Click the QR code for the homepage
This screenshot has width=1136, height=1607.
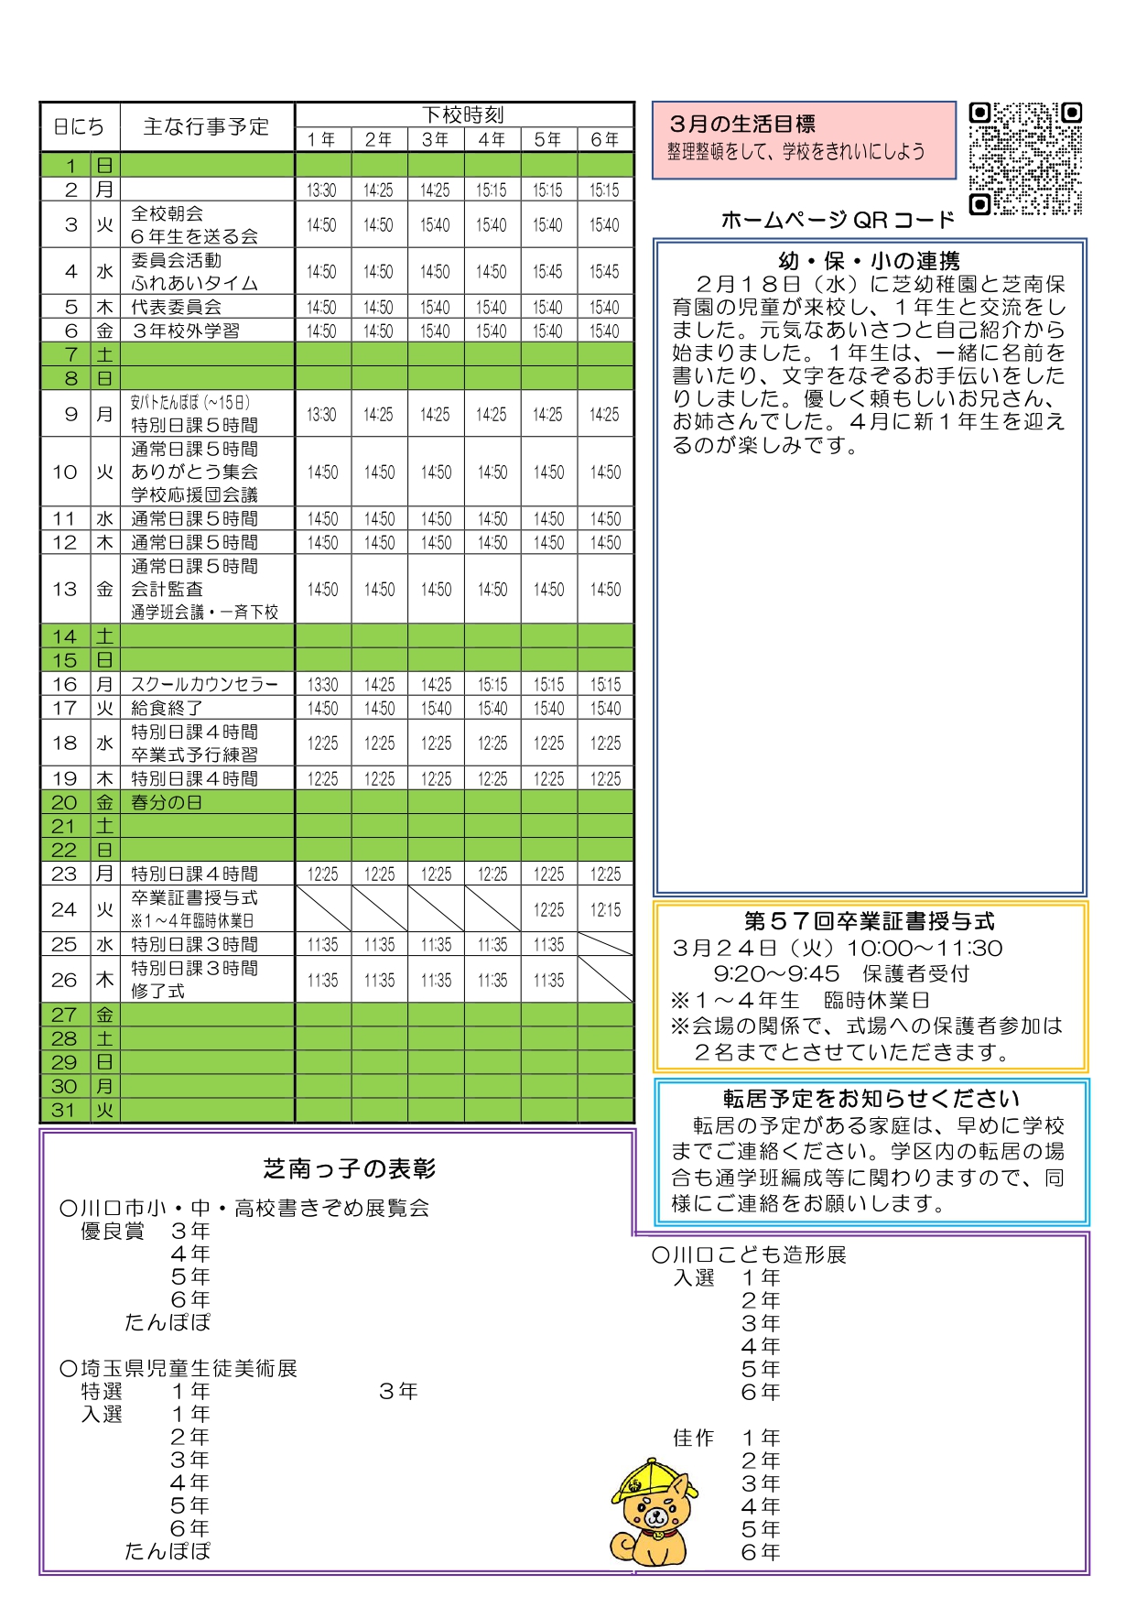click(1025, 157)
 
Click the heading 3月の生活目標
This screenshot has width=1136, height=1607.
click(741, 124)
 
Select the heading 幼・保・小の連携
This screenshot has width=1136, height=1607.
click(869, 261)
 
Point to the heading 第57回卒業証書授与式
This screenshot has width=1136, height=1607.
click(869, 921)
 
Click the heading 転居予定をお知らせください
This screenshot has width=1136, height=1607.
click(871, 1098)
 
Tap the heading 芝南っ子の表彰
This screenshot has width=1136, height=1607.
click(350, 1168)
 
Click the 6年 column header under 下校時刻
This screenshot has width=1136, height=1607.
click(605, 139)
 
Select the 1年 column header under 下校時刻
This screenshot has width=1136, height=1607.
click(322, 139)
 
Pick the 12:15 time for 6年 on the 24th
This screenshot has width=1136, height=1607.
click(605, 909)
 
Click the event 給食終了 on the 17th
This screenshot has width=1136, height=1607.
click(167, 708)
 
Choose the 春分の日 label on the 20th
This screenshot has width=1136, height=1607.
click(167, 802)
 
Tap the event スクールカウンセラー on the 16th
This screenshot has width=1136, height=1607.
click(204, 684)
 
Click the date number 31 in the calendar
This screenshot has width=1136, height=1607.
click(64, 1110)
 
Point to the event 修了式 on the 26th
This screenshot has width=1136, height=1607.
click(157, 991)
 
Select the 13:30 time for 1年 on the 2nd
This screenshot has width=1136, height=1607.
click(322, 190)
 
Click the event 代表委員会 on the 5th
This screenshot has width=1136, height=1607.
click(176, 307)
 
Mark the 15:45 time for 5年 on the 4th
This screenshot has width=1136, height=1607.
click(548, 272)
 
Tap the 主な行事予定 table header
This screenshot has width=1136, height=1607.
click(206, 126)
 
